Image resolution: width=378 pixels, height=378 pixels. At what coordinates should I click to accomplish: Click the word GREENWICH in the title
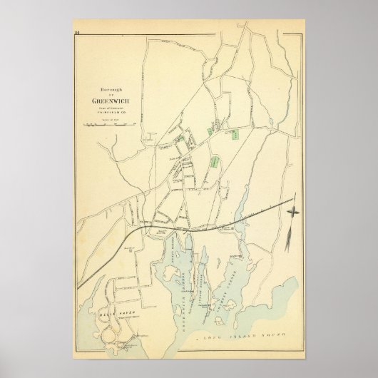106,100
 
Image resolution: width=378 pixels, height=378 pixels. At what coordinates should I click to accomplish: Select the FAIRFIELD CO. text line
105,111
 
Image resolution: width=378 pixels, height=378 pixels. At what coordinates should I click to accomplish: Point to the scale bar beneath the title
105,124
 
